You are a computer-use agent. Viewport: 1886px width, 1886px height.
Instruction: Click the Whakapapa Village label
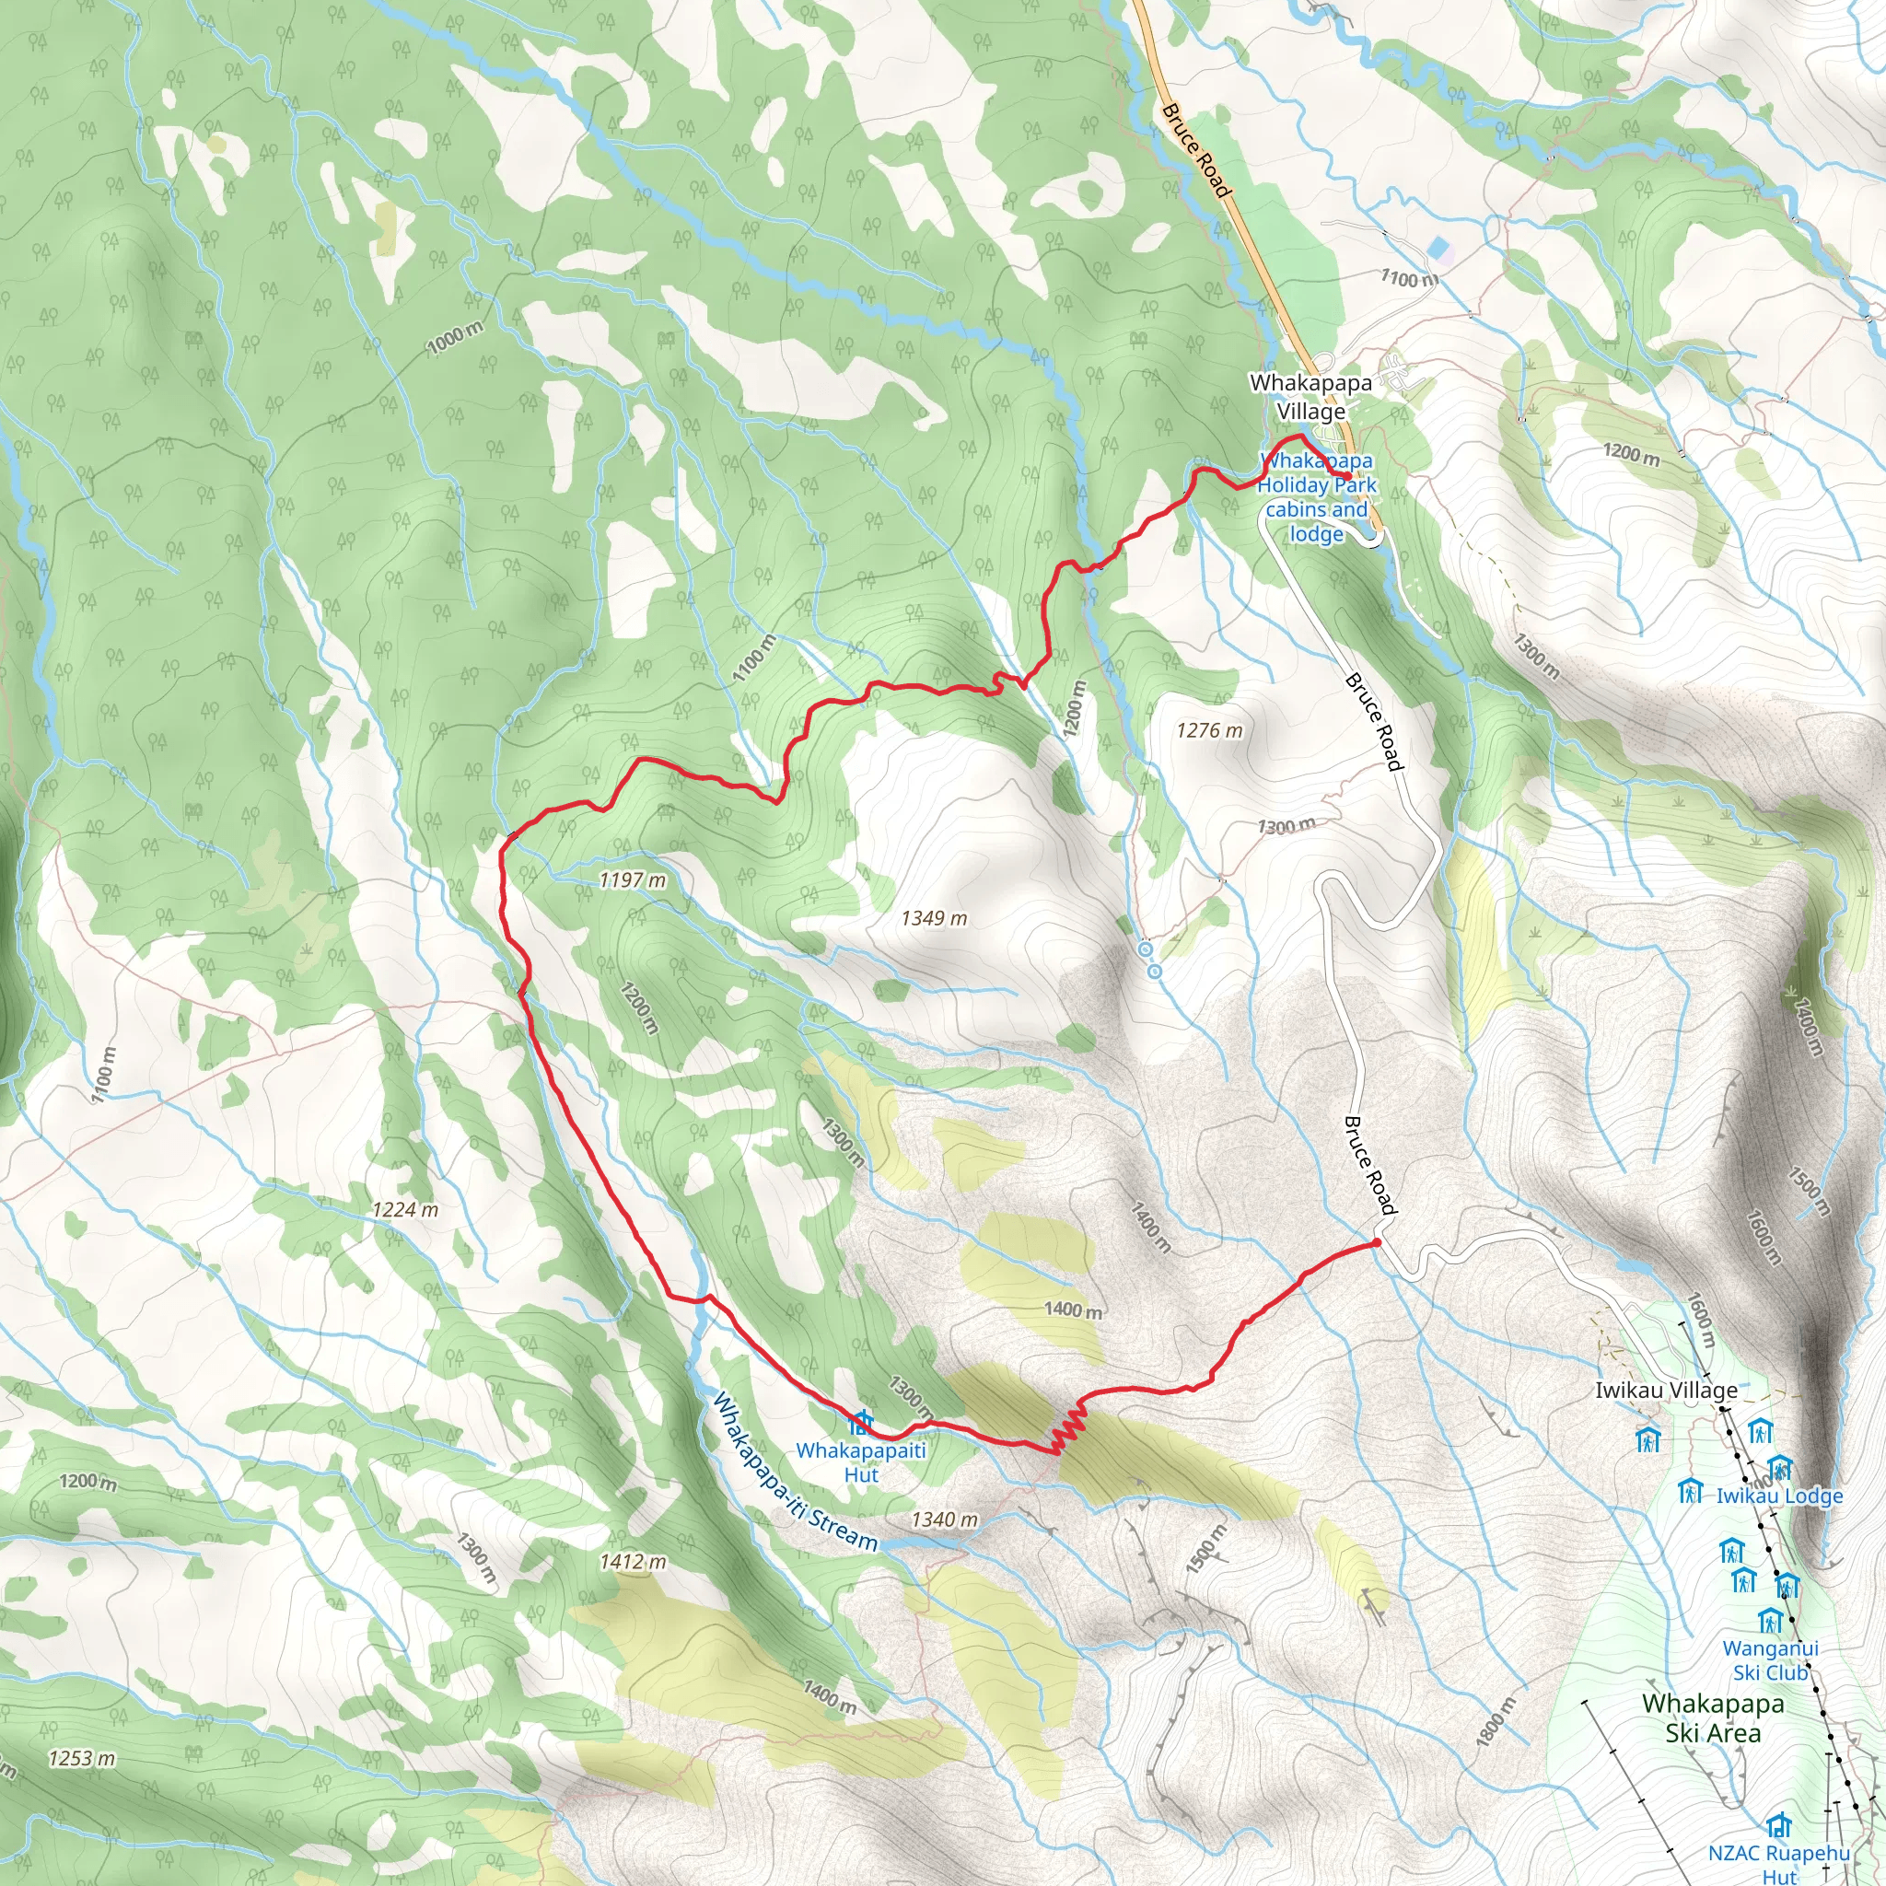[x=1310, y=396]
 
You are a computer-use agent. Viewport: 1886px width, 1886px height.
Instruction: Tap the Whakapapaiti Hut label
[x=860, y=1462]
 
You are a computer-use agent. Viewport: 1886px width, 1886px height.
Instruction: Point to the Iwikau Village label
[x=1665, y=1390]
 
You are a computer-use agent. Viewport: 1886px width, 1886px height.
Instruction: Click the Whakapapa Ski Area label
[x=1713, y=1718]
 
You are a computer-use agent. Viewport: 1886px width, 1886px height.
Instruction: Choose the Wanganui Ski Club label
[x=1770, y=1659]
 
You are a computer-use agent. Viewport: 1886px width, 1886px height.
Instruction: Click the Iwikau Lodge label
[x=1778, y=1496]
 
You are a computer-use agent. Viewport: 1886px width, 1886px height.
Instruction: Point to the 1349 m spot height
[x=933, y=917]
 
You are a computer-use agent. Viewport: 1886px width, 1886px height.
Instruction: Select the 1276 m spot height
[x=1209, y=730]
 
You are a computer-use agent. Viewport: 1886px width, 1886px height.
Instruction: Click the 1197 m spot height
[x=632, y=879]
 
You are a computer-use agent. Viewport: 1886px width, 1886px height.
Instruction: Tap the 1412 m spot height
[x=633, y=1562]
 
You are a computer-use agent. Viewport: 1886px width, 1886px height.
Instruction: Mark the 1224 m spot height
[x=405, y=1209]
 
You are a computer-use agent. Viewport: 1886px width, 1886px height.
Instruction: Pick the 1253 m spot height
[x=82, y=1758]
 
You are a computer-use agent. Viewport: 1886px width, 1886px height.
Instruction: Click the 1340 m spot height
[x=944, y=1519]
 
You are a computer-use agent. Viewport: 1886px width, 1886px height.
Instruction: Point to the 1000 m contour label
[x=454, y=338]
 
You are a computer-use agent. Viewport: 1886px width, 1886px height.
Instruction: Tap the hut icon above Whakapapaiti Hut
[x=860, y=1421]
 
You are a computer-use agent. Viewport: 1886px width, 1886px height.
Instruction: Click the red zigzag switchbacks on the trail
[x=1068, y=1429]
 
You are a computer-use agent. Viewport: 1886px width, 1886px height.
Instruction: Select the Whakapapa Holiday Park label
[x=1316, y=497]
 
